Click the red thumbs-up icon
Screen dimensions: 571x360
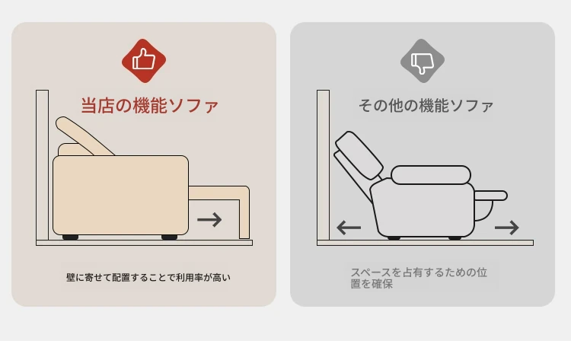pyautogui.click(x=144, y=61)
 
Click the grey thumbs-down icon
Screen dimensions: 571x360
pyautogui.click(x=423, y=61)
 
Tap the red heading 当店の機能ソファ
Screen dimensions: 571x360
pyautogui.click(x=149, y=106)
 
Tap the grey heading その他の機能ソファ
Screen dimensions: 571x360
pyautogui.click(x=426, y=106)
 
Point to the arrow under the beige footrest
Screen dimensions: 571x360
pyautogui.click(x=209, y=219)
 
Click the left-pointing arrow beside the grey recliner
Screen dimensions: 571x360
pyautogui.click(x=349, y=228)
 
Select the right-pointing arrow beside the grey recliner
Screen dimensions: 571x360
pyautogui.click(x=506, y=228)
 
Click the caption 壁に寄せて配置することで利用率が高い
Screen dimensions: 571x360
pyautogui.click(x=148, y=277)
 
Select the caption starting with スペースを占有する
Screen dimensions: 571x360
pyautogui.click(x=419, y=278)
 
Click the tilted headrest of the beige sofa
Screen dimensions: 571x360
pyautogui.click(x=84, y=135)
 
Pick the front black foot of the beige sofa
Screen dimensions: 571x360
pyautogui.click(x=169, y=237)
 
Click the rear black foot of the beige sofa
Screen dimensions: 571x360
pyautogui.click(x=70, y=237)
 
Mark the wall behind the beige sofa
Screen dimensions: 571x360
pyautogui.click(x=42, y=165)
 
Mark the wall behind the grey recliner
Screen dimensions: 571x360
pyautogui.click(x=324, y=165)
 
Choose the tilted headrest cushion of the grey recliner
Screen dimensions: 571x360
pyautogui.click(x=359, y=155)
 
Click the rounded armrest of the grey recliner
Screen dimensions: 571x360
pyautogui.click(x=431, y=175)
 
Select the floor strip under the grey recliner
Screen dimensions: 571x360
pyautogui.click(x=425, y=243)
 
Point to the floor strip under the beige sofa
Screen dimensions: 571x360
pyautogui.click(x=144, y=243)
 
